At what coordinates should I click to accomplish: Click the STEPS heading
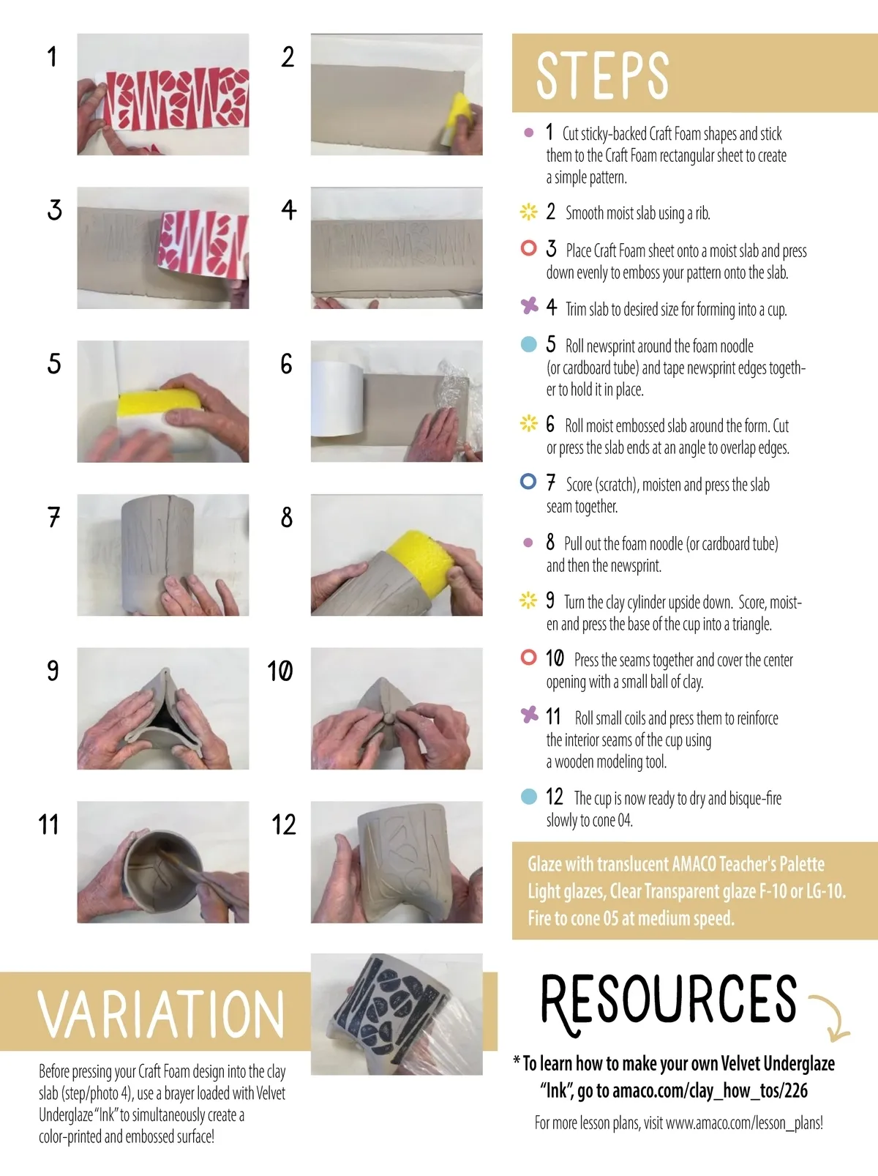(602, 75)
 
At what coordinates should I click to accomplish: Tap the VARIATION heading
(161, 1013)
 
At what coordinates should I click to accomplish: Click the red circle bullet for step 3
(528, 248)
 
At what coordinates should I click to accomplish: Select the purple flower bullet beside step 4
(529, 306)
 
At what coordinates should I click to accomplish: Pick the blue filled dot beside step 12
(528, 796)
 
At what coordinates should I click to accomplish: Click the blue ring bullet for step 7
(528, 481)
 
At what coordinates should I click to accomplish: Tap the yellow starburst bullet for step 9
(528, 600)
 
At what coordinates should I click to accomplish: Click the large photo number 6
(286, 364)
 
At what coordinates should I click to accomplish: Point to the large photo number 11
(48, 825)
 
